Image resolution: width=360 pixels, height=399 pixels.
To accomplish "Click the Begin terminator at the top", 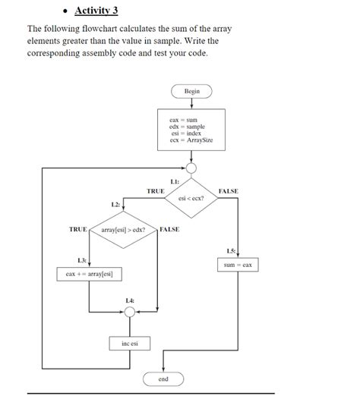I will click(192, 91).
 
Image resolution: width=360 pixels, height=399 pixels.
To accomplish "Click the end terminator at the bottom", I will click(163, 378).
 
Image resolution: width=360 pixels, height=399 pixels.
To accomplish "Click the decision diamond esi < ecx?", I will click(192, 198).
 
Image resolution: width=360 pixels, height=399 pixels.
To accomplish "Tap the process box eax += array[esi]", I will click(89, 273).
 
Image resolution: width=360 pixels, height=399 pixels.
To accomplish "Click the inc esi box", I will click(130, 344).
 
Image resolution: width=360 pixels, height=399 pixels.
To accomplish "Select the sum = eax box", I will click(238, 265).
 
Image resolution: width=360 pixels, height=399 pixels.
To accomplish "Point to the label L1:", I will click(175, 181).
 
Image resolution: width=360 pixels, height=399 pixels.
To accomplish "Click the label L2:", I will click(115, 205).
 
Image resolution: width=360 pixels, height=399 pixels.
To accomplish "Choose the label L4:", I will click(130, 301).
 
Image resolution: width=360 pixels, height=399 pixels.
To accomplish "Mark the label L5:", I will click(231, 250).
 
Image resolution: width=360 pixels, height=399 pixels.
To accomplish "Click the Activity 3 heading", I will click(96, 11).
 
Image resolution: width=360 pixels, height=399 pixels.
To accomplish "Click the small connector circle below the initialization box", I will click(192, 168).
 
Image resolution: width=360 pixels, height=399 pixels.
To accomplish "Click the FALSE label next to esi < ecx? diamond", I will click(228, 191).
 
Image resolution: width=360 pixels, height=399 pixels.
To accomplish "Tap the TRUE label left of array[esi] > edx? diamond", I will click(77, 229).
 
